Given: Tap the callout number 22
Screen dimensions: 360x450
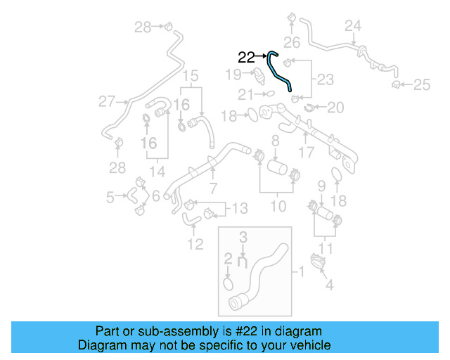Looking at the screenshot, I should point(247,58).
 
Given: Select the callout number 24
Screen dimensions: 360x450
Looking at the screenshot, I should point(353,26).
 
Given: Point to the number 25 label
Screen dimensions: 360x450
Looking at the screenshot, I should point(421,85).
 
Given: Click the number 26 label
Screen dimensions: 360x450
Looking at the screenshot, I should point(292,42).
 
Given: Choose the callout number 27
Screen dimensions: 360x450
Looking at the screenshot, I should point(107,102).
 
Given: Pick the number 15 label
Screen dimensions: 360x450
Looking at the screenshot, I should point(191,75).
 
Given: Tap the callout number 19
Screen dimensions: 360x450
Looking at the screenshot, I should point(233,74).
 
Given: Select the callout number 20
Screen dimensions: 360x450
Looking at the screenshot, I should point(336,108).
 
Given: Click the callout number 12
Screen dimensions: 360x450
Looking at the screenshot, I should point(195,244).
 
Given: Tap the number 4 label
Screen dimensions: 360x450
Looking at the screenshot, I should point(328,285).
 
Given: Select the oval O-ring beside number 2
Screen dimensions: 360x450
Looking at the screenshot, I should point(229,283).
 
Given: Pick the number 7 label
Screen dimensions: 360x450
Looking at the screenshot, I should point(212,188).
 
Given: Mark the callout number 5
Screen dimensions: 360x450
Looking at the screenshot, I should point(110,198).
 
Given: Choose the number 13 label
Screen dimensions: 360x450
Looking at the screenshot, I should point(239,208).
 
